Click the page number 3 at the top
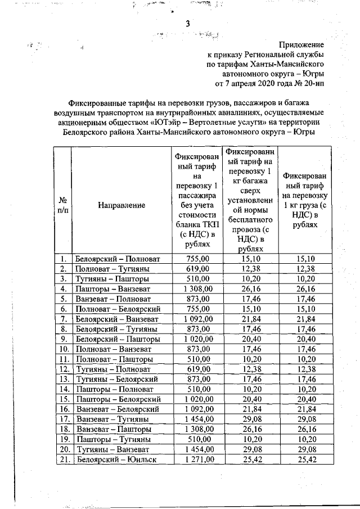click(188, 24)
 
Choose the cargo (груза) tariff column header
click(305, 200)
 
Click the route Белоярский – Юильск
click(116, 460)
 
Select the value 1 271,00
click(196, 460)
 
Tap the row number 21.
click(64, 460)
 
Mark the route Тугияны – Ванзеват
click(112, 449)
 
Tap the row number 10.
click(64, 349)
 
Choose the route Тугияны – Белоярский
click(116, 380)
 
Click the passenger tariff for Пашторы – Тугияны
click(197, 439)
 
